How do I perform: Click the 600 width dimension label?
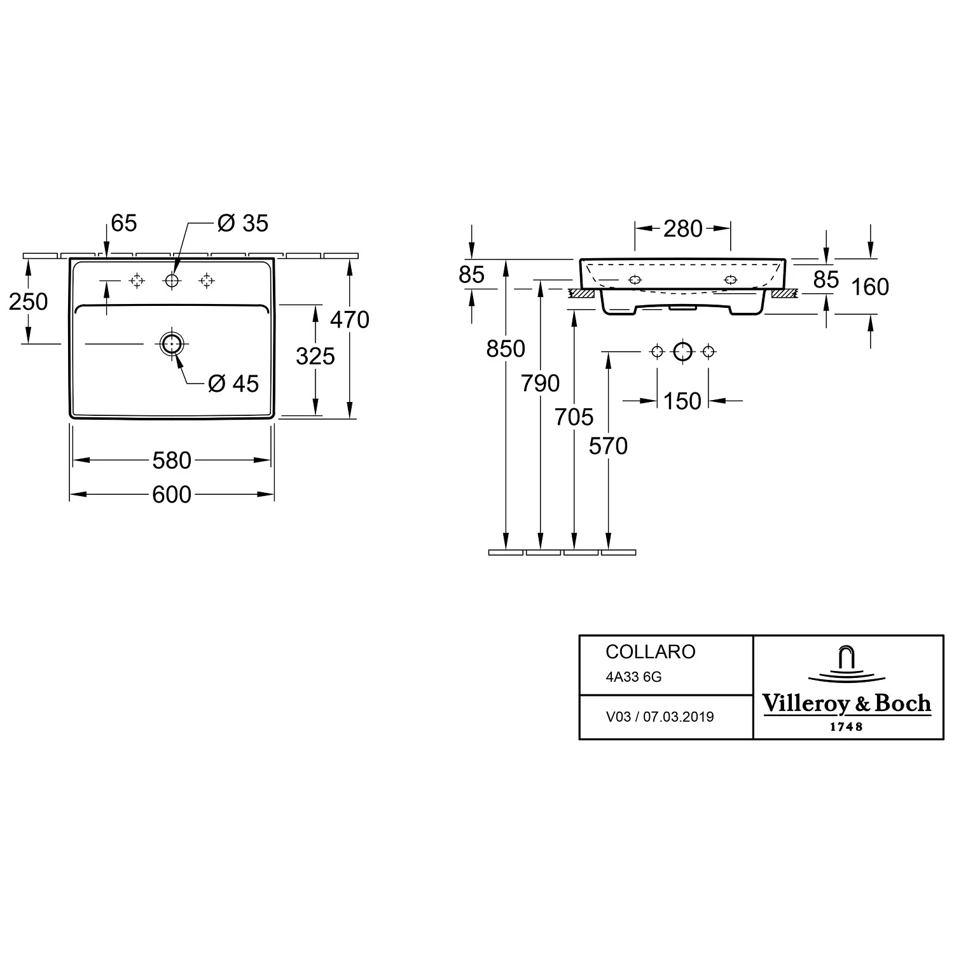tap(172, 494)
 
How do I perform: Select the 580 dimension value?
tap(172, 460)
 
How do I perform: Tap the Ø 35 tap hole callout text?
tap(243, 223)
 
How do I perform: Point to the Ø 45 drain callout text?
tap(233, 384)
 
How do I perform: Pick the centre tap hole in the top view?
tap(172, 280)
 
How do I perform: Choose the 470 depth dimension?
tap(350, 319)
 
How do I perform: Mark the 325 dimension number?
tap(315, 356)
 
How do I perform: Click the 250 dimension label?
tap(29, 301)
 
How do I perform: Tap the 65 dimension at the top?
tap(124, 223)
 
